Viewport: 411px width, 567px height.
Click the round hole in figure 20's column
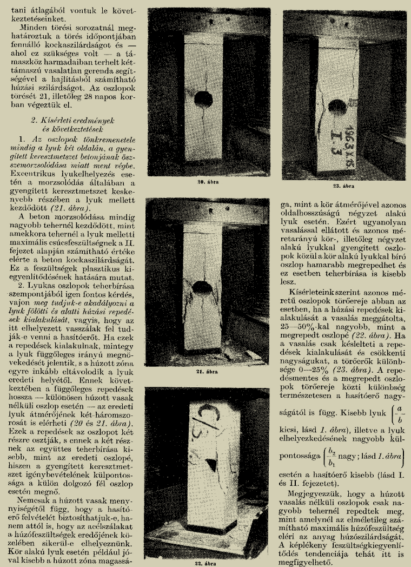pyautogui.click(x=203, y=99)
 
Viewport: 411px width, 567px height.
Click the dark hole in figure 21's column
pyautogui.click(x=202, y=288)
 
